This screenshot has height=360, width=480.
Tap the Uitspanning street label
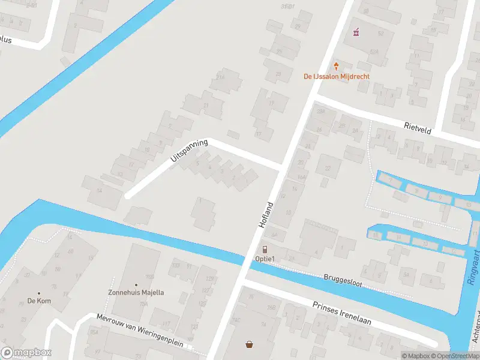pos(189,150)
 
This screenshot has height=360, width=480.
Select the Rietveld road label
pos(418,127)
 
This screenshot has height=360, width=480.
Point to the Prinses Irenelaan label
pos(342,313)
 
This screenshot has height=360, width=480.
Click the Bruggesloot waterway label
pos(341,281)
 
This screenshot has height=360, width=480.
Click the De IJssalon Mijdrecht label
pos(336,77)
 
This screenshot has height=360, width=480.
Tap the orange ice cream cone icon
pos(337,65)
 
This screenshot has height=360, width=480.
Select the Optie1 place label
pos(265,259)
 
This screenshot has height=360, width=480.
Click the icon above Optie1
pos(265,249)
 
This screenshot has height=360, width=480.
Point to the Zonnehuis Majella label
pos(136,292)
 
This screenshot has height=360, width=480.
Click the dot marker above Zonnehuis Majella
pos(136,284)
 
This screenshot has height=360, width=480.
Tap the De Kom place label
pos(38,301)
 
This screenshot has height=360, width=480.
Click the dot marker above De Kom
pos(39,293)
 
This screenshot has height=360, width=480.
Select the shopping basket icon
pos(249,344)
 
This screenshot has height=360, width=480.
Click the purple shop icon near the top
pos(356,31)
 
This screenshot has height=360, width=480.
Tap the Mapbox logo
pos(26,353)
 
